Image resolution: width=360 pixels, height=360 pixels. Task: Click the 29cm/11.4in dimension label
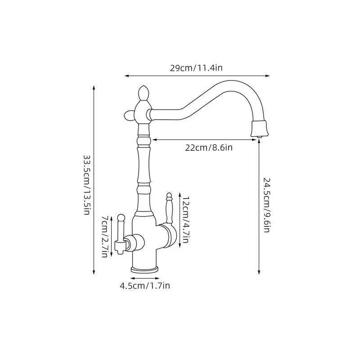(196, 68)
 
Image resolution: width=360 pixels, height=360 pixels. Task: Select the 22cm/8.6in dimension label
(209, 148)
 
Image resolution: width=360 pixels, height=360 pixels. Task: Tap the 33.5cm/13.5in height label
(87, 185)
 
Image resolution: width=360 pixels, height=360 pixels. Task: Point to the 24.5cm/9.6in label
(266, 204)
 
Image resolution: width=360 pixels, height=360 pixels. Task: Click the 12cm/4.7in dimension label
(185, 220)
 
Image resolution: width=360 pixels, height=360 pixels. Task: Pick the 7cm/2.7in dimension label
(104, 236)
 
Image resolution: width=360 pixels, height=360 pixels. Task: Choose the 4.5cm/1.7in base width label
(144, 285)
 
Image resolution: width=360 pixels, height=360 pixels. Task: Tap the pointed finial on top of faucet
(144, 93)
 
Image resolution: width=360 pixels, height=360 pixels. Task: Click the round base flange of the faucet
(144, 269)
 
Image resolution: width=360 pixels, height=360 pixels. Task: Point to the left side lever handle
(120, 234)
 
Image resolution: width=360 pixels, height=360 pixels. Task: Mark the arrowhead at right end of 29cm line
(269, 76)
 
